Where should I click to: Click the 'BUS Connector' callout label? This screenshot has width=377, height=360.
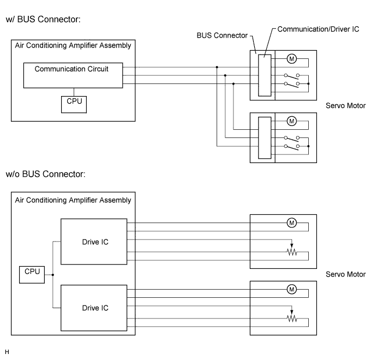222,35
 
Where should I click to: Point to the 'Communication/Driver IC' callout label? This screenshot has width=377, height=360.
318,29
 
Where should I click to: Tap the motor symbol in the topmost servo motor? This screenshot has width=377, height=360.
292,59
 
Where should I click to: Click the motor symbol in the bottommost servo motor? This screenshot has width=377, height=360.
292,289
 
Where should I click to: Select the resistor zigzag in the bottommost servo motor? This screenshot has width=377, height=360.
292,319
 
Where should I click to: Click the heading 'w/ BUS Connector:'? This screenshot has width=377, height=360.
43,20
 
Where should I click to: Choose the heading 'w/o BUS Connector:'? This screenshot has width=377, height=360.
45,174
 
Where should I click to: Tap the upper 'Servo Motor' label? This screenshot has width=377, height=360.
345,106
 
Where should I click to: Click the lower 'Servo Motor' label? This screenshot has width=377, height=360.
345,274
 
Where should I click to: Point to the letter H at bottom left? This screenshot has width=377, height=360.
7,352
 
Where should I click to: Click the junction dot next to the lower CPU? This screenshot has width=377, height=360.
53,275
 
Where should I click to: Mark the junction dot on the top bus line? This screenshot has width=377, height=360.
217,67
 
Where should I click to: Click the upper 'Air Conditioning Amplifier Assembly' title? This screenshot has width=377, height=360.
73,46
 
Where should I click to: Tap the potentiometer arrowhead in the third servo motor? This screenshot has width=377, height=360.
292,245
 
